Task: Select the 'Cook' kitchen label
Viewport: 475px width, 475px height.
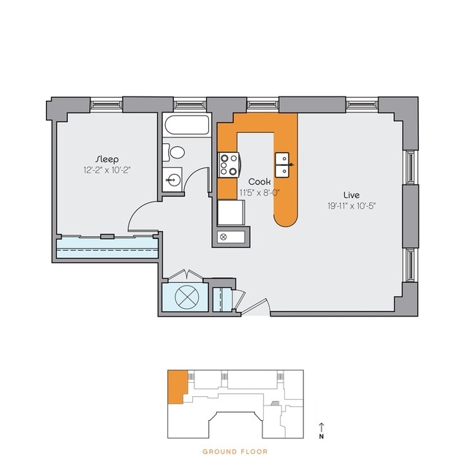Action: [x=259, y=181]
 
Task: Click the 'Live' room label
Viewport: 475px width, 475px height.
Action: [x=353, y=194]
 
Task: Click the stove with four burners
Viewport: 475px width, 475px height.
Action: [x=229, y=164]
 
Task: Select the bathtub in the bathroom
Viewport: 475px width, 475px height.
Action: [x=186, y=126]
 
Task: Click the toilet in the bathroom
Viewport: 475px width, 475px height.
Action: [x=175, y=153]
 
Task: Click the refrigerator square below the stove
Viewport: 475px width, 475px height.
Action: [x=232, y=212]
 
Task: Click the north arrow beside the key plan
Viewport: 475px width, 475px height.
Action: [x=321, y=428]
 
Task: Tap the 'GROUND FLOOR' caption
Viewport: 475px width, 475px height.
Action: [x=235, y=452]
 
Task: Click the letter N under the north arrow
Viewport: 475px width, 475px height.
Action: [x=321, y=438]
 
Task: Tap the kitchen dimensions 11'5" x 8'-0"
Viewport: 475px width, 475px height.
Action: [x=259, y=192]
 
